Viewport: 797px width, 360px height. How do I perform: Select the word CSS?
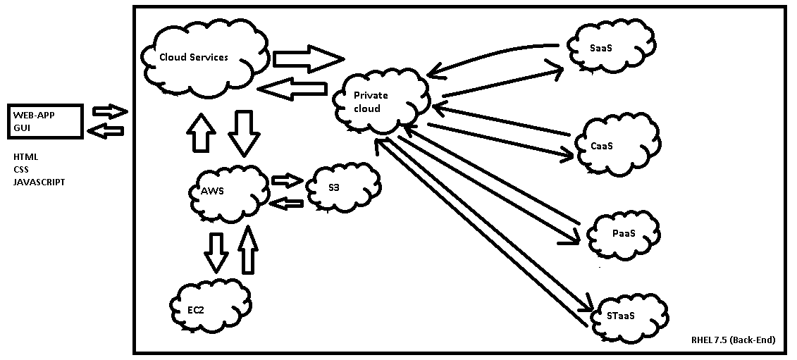pyautogui.click(x=21, y=169)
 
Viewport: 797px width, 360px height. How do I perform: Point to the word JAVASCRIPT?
pyautogui.click(x=39, y=182)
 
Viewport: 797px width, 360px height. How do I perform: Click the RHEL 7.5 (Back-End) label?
pyautogui.click(x=734, y=340)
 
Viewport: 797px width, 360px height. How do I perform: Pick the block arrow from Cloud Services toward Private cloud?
pyautogui.click(x=307, y=58)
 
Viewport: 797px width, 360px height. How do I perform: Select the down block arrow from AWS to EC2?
pyautogui.click(x=216, y=250)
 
